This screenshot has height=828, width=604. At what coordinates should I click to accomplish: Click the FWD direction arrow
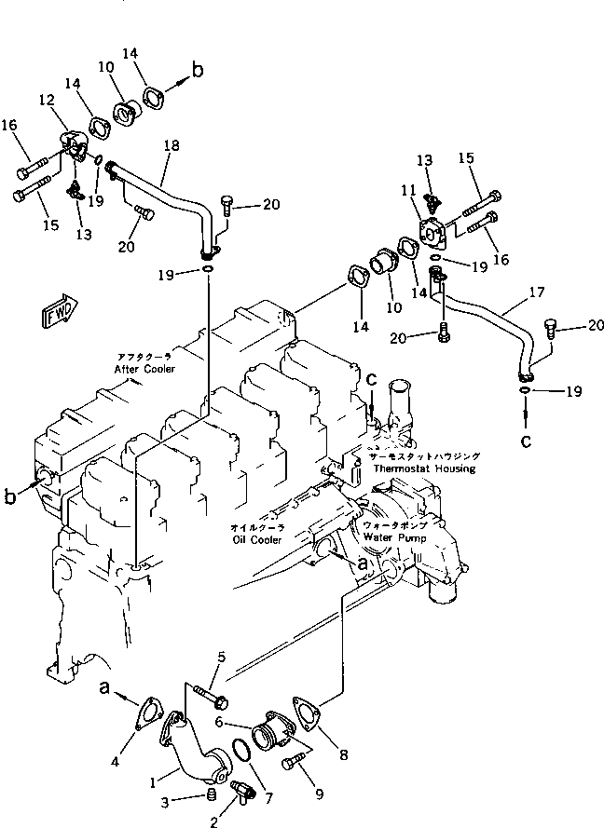pyautogui.click(x=59, y=313)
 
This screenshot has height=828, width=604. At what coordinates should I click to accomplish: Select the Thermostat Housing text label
pyautogui.click(x=424, y=468)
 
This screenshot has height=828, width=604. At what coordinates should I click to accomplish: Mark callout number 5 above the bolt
pyautogui.click(x=221, y=659)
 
